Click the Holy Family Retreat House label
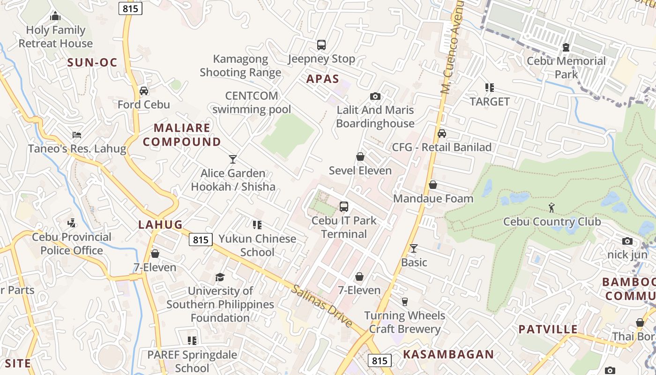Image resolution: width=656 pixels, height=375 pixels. pos(55,37)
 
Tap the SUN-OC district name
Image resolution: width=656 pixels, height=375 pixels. pos(92,62)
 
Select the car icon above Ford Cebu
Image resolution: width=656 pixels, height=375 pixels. pos(144,91)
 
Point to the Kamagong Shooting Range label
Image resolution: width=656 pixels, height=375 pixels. pos(240,66)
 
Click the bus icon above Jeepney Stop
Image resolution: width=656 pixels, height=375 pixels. pos(321,45)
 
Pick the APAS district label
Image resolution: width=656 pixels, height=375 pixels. pos(322,79)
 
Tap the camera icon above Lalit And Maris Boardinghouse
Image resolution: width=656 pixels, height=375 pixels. pos(375,96)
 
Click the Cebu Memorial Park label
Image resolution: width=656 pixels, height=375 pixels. pos(566,67)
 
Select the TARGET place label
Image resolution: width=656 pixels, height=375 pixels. pos(490,101)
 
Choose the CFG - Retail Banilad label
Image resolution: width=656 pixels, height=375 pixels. pos(441,147)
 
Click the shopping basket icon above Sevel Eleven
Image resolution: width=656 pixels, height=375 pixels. pos(360,157)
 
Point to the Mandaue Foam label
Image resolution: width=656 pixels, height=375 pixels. pos(433,198)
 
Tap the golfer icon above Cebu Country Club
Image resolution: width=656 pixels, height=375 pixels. pos(552,207)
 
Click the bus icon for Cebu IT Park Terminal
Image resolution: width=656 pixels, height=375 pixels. pos(344,206)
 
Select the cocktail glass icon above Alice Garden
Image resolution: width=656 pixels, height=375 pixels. pos(233,159)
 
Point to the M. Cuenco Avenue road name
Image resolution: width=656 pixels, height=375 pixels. pos(452,47)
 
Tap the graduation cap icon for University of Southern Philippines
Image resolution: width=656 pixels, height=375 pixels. pos(220,277)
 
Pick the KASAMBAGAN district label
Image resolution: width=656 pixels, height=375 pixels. pos(448,354)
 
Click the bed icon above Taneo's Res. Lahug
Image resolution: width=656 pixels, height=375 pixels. pos(77,135)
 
